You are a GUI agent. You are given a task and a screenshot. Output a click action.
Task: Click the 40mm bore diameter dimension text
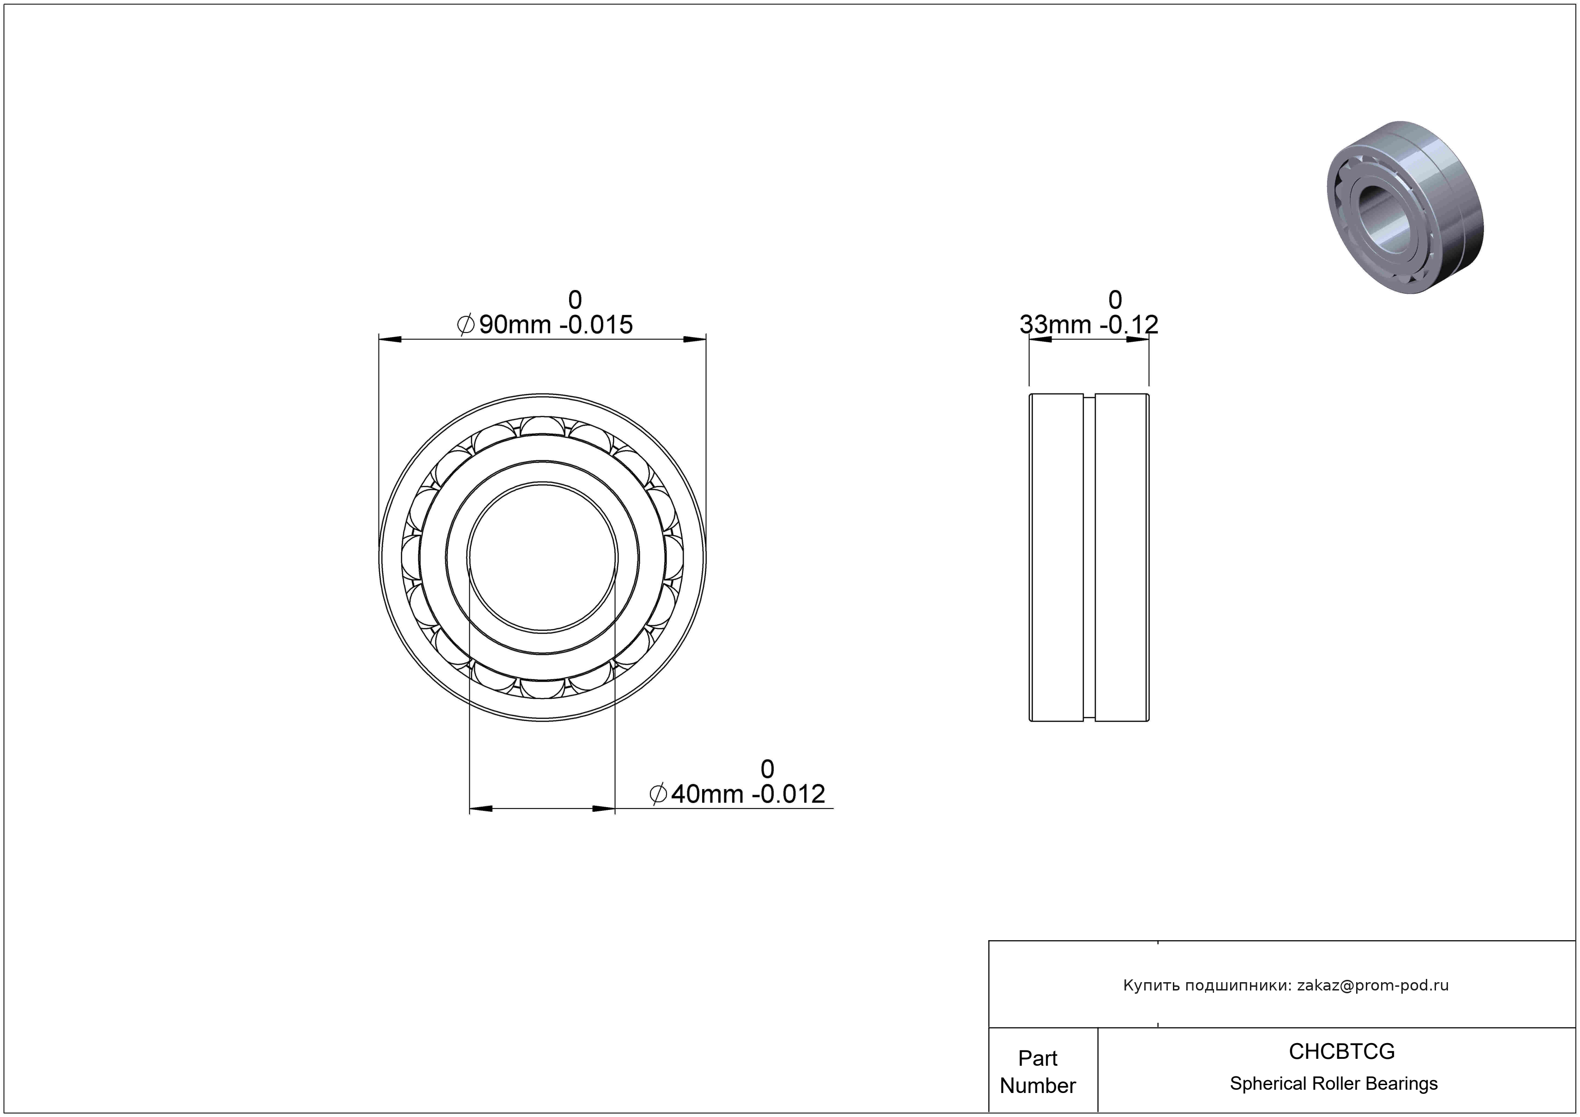pos(737,794)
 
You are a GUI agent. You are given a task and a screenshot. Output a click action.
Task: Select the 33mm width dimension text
pos(1089,324)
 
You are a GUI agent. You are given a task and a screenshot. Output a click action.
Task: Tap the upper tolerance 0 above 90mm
pos(575,300)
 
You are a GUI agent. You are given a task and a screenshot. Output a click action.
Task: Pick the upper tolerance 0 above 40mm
pos(767,769)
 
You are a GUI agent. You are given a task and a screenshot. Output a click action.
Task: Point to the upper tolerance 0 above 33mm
pos(1115,300)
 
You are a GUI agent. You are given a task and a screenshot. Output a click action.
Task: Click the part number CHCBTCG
pos(1341,1051)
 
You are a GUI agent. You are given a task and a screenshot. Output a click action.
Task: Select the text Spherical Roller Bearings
pos(1334,1083)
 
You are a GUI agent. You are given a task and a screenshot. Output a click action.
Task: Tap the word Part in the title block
pos(1038,1058)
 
